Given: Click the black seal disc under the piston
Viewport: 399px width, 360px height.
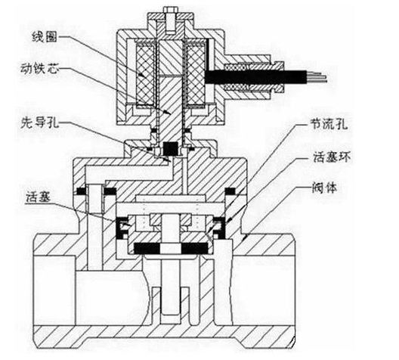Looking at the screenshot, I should [x=170, y=247].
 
